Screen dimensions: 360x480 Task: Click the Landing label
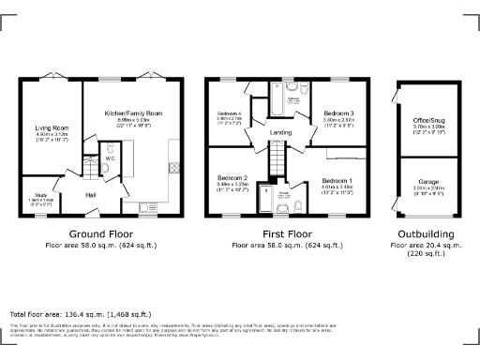coord(280,132)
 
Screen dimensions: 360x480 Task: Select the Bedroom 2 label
coord(232,178)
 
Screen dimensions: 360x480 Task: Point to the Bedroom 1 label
coord(337,179)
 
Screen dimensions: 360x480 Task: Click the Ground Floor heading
coord(100,233)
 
